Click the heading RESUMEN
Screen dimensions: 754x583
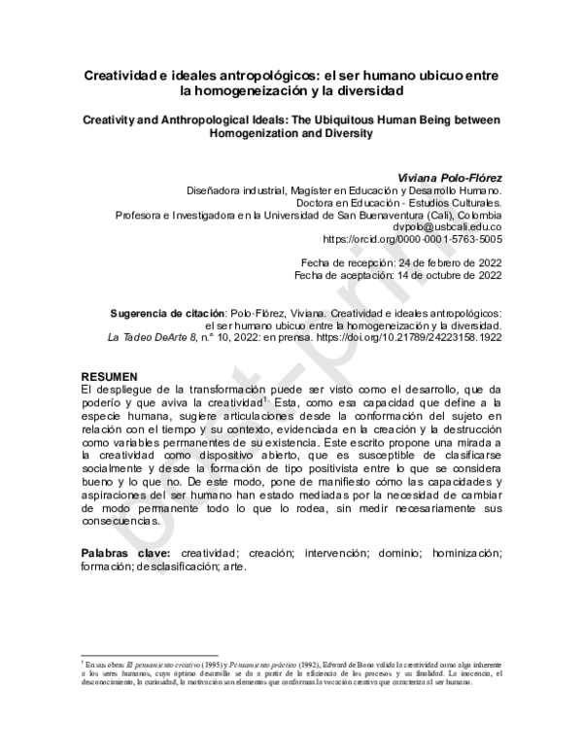110,376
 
